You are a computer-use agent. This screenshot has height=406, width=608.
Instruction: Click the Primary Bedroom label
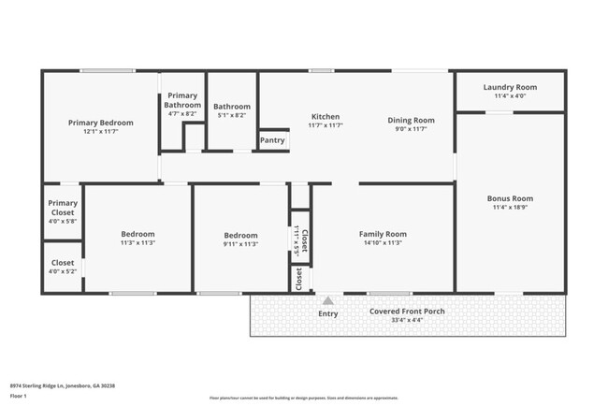tap(100, 123)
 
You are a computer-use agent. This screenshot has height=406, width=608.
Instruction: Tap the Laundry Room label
tap(511, 87)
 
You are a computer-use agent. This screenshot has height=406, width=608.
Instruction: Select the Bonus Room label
tap(510, 198)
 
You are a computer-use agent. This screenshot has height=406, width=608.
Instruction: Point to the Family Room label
tap(383, 234)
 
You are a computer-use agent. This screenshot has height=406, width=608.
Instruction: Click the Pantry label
tap(272, 140)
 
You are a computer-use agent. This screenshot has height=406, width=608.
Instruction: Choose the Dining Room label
tap(412, 120)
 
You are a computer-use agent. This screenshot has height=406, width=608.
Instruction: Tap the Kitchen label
tap(326, 117)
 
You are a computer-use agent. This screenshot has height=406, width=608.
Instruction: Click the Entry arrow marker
tap(327, 301)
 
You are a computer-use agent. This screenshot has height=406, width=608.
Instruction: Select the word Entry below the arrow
tap(327, 313)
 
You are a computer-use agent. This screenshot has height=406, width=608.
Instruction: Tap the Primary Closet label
tap(63, 208)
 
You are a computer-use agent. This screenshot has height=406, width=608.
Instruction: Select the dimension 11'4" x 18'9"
tap(510, 208)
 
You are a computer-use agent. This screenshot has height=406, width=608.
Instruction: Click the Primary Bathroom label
tap(182, 100)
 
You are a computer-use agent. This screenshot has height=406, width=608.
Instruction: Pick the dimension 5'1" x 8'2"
tap(230, 116)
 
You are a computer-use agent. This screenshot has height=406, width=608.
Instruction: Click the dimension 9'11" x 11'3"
tap(239, 243)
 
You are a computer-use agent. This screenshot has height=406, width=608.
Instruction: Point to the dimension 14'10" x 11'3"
tap(383, 243)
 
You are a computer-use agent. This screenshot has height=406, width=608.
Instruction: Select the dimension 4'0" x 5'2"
tap(63, 273)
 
